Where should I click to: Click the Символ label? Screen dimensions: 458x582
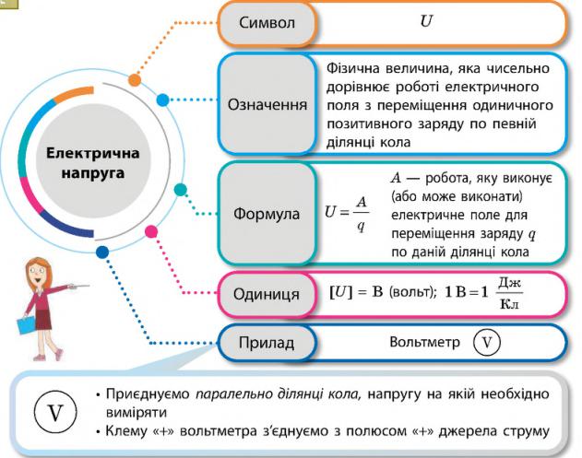tap(267, 21)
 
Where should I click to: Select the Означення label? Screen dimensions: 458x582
tap(267, 104)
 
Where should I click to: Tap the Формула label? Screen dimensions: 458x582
tap(267, 214)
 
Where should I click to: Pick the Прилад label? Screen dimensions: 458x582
tap(267, 344)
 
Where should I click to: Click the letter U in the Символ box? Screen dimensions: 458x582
tap(425, 20)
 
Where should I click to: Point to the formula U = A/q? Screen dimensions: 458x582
tap(348, 214)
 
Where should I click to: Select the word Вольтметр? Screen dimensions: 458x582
tap(423, 344)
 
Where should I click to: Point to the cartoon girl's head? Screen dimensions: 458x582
tap(40, 268)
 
